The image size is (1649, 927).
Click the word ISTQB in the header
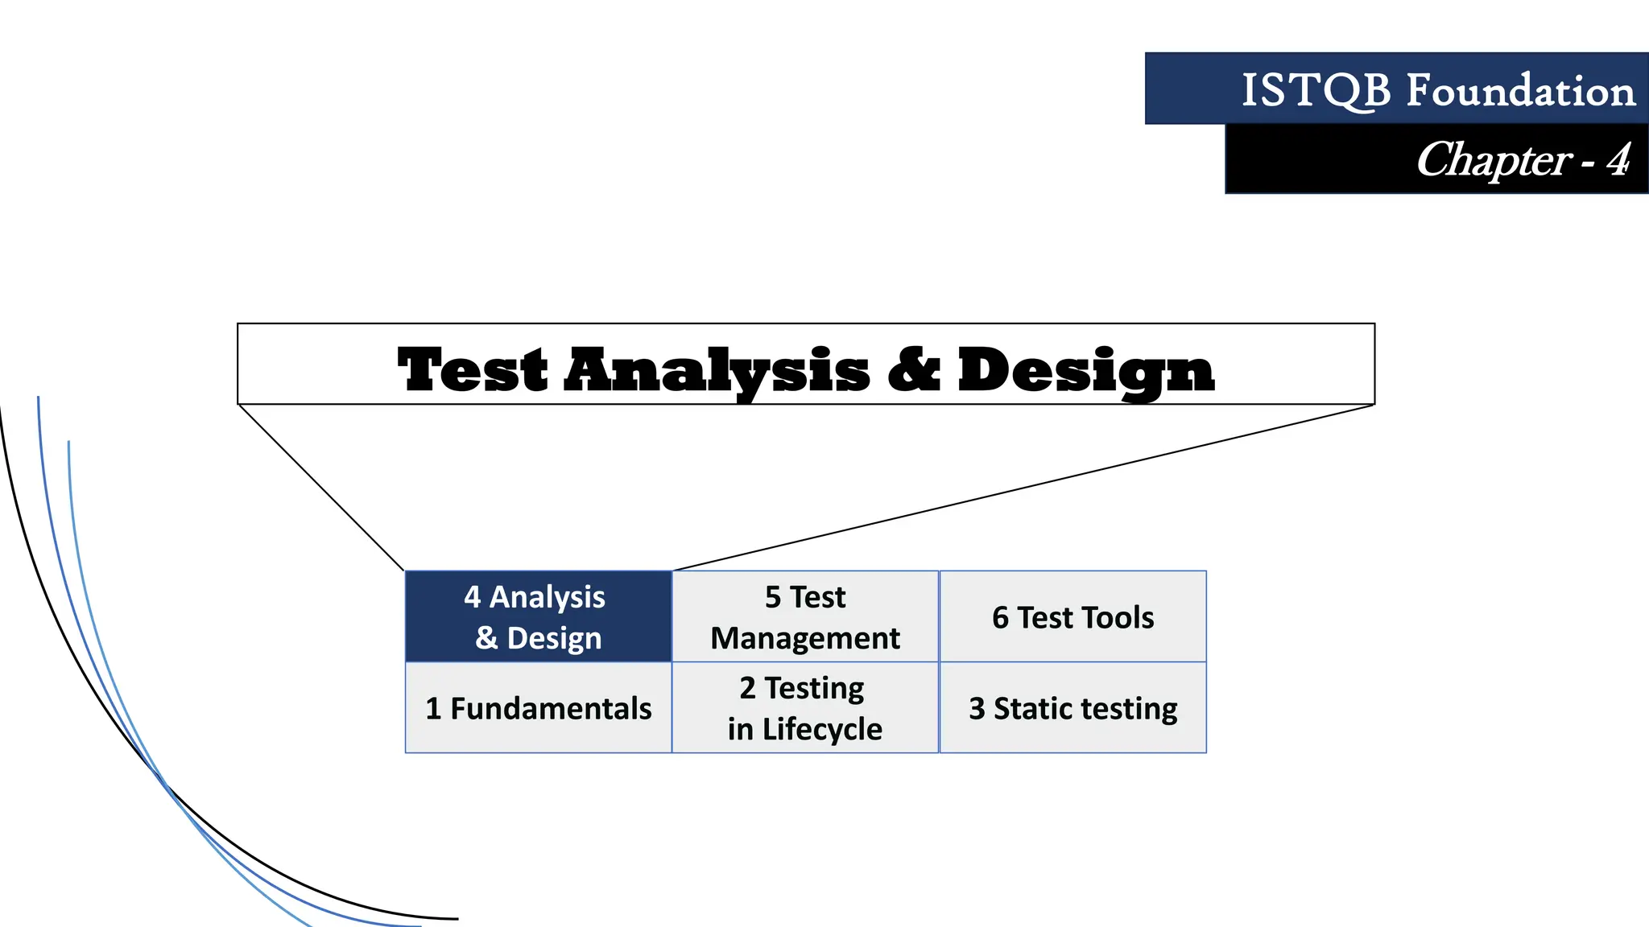pos(1316,90)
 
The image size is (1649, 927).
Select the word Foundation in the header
pos(1520,90)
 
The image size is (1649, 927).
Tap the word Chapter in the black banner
pos(1494,160)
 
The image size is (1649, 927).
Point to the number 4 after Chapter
pos(1618,160)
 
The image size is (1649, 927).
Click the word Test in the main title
pos(473,370)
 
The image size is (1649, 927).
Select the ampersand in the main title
pos(914,370)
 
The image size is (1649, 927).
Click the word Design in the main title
pos(1085,372)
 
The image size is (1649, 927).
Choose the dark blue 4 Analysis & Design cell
pos(538,616)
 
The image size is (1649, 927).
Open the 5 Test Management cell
pos(805,616)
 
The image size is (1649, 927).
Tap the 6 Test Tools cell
pos(1072,616)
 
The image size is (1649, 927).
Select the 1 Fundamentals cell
pos(538,708)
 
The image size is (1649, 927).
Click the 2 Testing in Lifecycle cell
pos(805,708)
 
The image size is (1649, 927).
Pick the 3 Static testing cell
pos(1072,708)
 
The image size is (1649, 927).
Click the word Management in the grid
pos(805,638)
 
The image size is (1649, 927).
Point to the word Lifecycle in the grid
pos(822,729)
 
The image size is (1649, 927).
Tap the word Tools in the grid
pos(1115,618)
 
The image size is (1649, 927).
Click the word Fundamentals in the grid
pos(551,709)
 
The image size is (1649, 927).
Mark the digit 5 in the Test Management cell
pos(773,597)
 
